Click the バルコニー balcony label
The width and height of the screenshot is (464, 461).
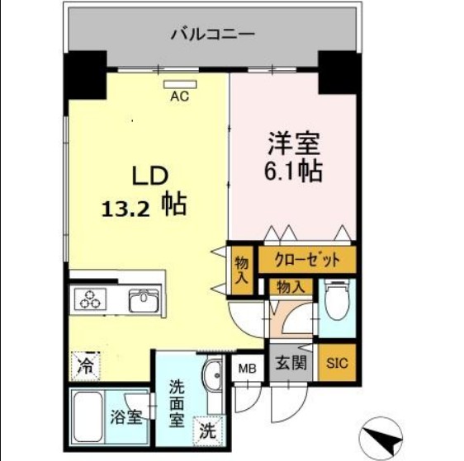tap(213, 35)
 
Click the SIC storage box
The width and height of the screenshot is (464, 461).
tap(338, 362)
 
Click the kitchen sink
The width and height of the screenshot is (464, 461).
tap(145, 300)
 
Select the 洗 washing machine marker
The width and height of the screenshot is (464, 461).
tap(207, 429)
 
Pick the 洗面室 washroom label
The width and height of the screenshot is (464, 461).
tap(177, 402)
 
